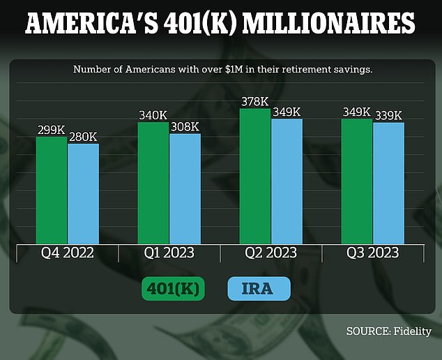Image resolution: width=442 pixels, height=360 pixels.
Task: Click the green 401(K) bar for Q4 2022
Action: coord(52,188)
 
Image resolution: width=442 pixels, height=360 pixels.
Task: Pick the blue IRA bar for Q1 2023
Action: coord(185,188)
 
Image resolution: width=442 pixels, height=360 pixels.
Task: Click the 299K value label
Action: coord(52,130)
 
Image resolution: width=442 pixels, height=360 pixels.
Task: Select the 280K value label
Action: coord(83,137)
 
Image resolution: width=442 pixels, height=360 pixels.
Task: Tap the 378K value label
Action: coord(255,102)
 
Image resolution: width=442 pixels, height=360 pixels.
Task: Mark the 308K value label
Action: coord(185,127)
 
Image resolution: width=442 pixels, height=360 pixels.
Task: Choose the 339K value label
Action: coord(388,116)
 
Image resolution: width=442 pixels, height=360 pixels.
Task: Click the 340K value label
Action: coord(153,116)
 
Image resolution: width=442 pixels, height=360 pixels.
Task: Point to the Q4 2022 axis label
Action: coord(67,253)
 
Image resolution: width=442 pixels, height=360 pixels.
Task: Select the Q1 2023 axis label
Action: coord(169,253)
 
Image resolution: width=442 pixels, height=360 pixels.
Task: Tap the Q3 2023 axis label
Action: coord(373,253)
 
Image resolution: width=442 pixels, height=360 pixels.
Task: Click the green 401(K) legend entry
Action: coord(173,289)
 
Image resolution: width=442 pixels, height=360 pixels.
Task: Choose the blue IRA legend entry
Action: coord(259,289)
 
